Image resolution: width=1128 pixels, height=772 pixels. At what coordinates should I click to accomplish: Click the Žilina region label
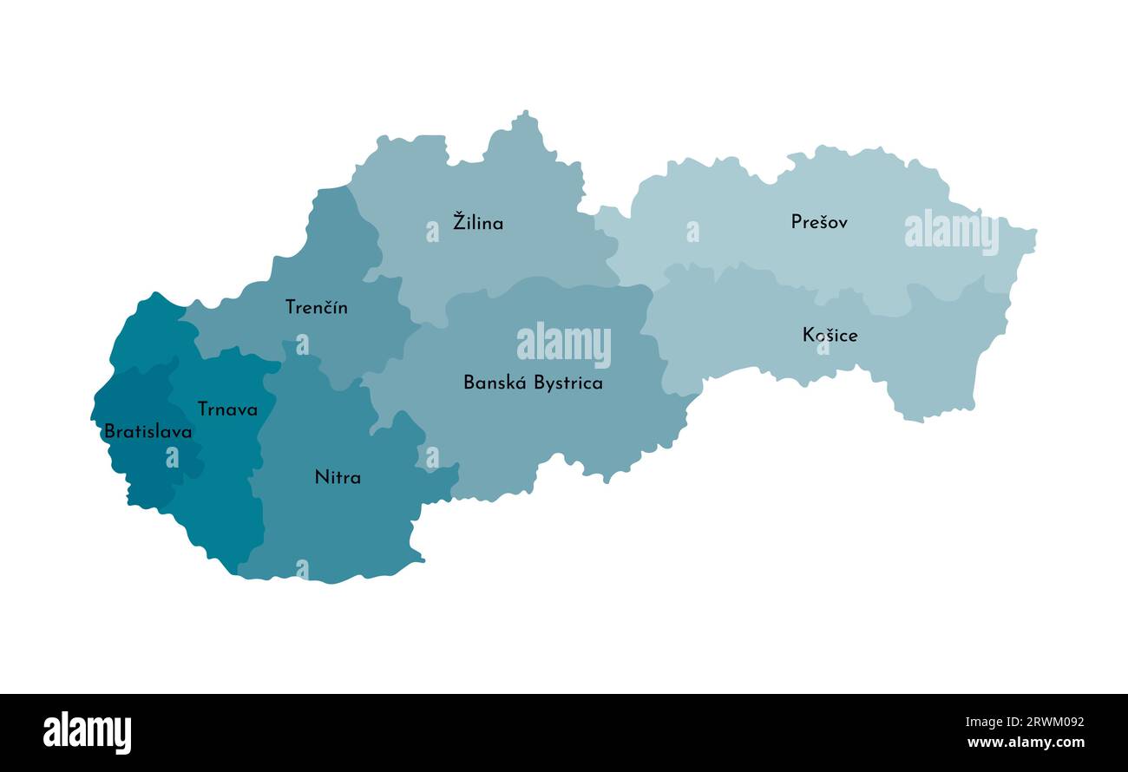478,222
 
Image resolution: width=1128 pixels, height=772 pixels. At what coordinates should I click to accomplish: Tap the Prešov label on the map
819,222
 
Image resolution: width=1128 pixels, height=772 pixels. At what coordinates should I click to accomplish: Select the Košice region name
830,335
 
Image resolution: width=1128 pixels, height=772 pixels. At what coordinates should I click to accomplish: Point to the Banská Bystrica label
533,383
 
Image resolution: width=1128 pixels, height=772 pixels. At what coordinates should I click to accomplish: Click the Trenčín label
317,307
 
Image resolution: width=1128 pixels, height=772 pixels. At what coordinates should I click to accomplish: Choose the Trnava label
227,409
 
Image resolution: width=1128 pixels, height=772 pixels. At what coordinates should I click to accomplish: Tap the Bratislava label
148,431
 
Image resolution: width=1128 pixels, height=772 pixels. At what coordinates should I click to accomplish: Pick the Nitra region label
338,477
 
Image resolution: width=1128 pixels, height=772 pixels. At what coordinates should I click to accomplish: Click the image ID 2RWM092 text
1042,722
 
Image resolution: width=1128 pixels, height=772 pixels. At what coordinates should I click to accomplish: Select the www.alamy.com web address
1026,743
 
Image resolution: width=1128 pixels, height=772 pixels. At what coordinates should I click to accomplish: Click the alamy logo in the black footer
87,732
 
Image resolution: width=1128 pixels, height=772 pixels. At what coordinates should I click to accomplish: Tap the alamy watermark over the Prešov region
951,232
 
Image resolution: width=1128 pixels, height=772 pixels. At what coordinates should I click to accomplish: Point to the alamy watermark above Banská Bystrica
564,344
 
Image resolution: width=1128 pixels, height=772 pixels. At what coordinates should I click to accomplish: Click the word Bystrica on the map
568,383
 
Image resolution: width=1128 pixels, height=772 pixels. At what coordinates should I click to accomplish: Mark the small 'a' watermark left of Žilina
432,232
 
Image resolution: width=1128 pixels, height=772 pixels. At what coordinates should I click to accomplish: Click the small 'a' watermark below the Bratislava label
172,457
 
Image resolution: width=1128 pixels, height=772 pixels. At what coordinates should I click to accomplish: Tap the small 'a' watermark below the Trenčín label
302,344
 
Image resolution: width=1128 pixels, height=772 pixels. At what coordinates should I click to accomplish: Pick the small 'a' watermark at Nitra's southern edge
302,569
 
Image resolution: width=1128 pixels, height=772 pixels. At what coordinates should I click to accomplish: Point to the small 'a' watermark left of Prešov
692,232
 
